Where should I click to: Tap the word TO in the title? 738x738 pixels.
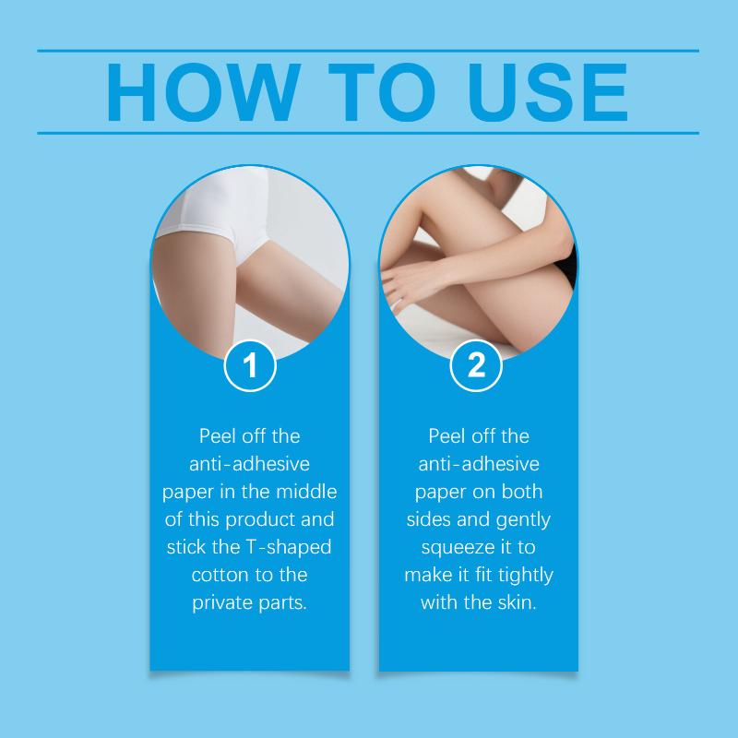382,91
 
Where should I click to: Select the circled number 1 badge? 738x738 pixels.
250,365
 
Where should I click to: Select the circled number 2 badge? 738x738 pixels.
476,365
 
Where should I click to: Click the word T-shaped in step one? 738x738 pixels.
289,548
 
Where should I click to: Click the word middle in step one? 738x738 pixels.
306,492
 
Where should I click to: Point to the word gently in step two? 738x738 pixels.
523,520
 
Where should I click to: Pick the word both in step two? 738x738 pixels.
522,492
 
